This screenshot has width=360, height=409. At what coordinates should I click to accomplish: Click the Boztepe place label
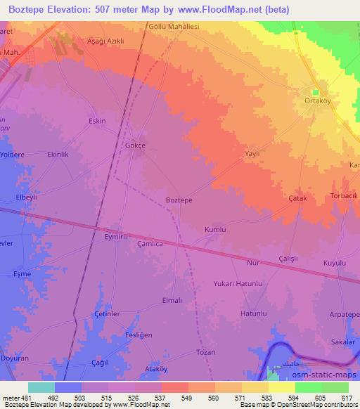(x=179, y=200)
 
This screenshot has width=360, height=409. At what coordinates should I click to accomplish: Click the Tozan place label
(x=205, y=352)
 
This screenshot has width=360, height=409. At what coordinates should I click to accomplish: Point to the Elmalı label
(x=172, y=300)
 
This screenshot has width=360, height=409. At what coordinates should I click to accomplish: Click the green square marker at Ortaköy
(x=315, y=91)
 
